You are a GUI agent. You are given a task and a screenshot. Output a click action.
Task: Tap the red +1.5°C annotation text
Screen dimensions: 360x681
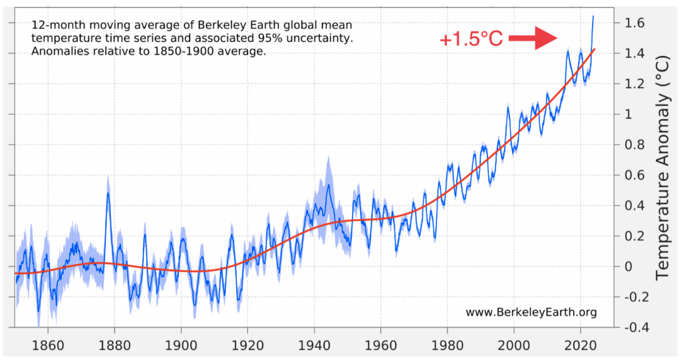pos(471,39)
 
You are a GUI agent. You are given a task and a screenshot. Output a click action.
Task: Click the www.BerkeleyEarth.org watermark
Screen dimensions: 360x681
pos(531,312)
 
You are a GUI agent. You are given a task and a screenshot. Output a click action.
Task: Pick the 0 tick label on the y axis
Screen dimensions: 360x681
pos(630,267)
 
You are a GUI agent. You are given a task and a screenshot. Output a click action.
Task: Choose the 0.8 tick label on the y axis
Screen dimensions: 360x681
pos(636,144)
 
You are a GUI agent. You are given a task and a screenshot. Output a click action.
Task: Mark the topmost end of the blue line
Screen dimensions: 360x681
pos(593,15)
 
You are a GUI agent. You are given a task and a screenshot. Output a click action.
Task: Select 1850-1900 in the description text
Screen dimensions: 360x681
pos(156,52)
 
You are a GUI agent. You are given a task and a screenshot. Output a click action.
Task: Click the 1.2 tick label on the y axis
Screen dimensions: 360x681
pos(636,84)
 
